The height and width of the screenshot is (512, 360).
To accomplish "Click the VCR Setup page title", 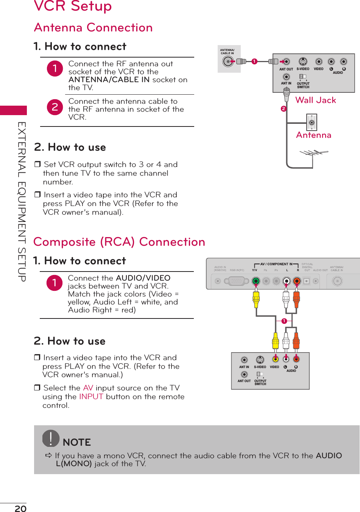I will point(73,6).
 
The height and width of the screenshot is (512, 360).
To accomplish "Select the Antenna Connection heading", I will point(93,28).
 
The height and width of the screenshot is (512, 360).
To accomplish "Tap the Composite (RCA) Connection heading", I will point(119,242).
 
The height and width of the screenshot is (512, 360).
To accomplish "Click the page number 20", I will point(20,508).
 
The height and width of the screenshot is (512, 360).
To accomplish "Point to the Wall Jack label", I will point(315,100).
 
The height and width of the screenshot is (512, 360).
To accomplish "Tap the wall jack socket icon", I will point(312,122).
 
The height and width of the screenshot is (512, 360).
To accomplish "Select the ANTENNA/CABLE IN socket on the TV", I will point(228,61).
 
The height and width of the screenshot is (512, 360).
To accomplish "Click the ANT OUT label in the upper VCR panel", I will point(286,69).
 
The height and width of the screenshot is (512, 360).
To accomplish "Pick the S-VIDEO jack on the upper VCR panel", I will point(303,62).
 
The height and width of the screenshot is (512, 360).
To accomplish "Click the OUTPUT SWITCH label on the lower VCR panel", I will point(260,382).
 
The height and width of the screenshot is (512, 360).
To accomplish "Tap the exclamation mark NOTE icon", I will point(51,439).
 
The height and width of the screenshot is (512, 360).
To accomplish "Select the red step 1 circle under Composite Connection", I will point(55,283).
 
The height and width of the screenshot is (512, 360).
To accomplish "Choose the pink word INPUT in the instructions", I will point(91,396).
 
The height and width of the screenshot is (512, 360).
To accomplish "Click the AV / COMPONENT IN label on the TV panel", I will point(276,264).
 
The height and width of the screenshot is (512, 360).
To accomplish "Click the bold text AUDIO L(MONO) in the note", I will point(74,464).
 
